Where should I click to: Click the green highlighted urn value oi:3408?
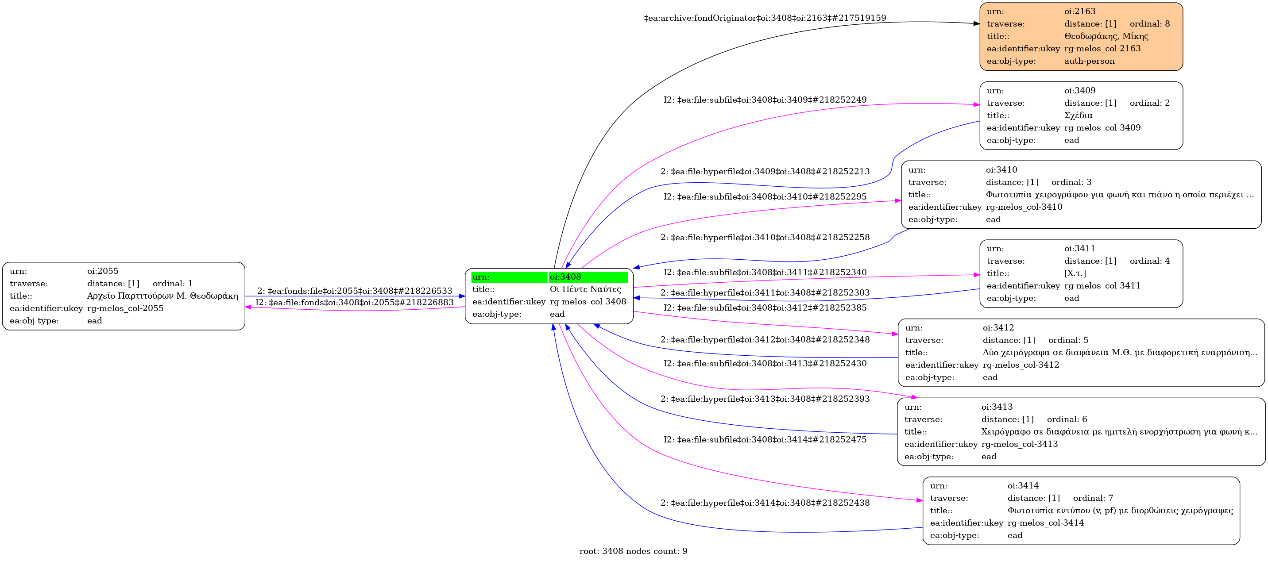[565, 277]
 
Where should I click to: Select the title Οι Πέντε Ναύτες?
[585, 289]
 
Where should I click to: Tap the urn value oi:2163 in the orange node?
[1080, 12]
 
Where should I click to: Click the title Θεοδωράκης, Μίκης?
[1106, 36]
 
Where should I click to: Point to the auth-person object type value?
[1089, 61]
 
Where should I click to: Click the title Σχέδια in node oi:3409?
[1079, 115]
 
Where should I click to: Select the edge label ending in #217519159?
[765, 18]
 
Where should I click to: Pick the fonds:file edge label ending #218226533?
[354, 291]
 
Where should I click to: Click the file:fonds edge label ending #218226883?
[354, 302]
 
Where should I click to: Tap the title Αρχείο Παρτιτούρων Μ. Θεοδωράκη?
[162, 296]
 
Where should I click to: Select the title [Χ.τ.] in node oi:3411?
[1075, 273]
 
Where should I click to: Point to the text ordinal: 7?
[1093, 498]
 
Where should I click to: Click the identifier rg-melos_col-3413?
[1020, 444]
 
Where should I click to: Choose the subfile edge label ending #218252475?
[765, 439]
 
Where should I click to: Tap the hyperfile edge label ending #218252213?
[765, 171]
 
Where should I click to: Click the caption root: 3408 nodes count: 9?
[634, 551]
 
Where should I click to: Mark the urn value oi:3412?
[998, 327]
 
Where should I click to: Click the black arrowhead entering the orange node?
[976, 23]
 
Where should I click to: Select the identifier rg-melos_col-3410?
[1024, 207]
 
